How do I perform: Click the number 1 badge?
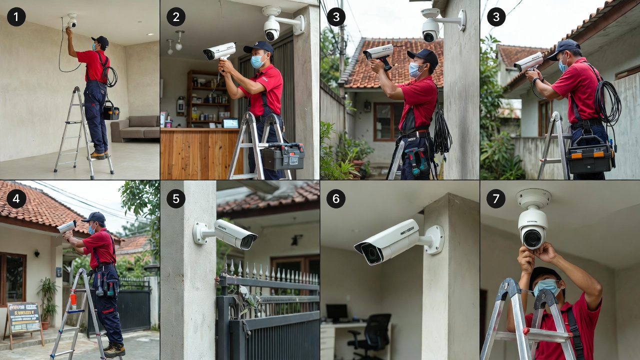coord(16,17)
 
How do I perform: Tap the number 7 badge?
coord(495,198)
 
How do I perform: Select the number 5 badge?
coord(175,198)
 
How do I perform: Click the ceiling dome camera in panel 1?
coord(72,20)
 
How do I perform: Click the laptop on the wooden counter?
coord(230,123)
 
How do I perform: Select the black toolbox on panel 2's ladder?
coord(283,156)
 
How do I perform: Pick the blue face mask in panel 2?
coord(257,61)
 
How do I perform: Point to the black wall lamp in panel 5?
coord(295,239)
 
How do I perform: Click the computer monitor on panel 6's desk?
coord(336,312)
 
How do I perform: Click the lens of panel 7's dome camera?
coord(532,238)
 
